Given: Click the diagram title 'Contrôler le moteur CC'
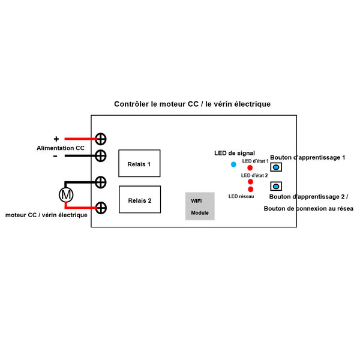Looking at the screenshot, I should [192, 104].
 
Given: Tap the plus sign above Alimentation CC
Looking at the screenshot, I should [56, 139].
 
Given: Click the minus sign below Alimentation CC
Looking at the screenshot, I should [55, 156].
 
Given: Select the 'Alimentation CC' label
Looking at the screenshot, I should [61, 148].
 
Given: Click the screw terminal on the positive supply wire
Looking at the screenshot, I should [101, 139].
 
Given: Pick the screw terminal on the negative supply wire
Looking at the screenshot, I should [101, 156].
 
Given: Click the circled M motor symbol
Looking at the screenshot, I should [65, 194].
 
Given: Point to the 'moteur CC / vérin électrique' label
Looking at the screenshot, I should [46, 214].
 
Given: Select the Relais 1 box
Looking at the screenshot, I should [139, 164].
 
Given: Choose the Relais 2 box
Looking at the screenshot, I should [139, 200].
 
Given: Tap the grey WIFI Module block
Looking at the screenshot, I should [200, 206].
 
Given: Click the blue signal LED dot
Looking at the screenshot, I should [233, 164].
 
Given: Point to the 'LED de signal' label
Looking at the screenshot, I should [234, 154].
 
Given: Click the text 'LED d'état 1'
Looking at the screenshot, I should [255, 161].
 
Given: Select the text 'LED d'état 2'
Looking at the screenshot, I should [254, 175].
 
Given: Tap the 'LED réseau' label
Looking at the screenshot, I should [241, 196].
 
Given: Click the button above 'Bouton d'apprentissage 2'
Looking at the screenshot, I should [276, 185].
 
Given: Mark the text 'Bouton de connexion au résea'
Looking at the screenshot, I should [308, 208].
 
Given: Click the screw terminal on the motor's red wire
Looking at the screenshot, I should [101, 208].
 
